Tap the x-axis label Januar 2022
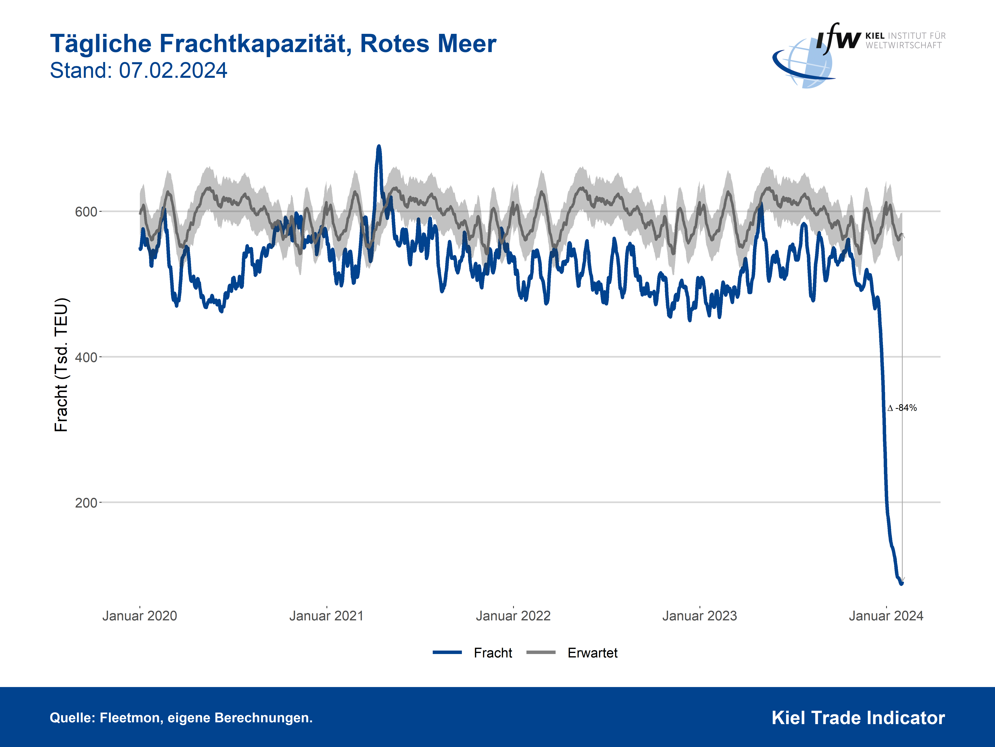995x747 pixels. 513,616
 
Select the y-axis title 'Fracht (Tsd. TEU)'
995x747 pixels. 61,365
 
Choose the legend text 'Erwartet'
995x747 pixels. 592,653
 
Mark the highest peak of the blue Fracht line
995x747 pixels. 379,147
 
